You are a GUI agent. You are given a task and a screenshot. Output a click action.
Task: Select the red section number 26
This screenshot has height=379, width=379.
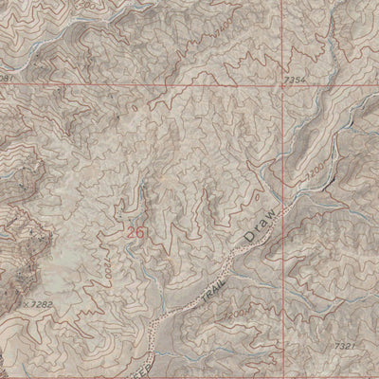tap(135, 230)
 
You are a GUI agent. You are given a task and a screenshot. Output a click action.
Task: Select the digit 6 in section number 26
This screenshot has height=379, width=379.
tap(141, 230)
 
